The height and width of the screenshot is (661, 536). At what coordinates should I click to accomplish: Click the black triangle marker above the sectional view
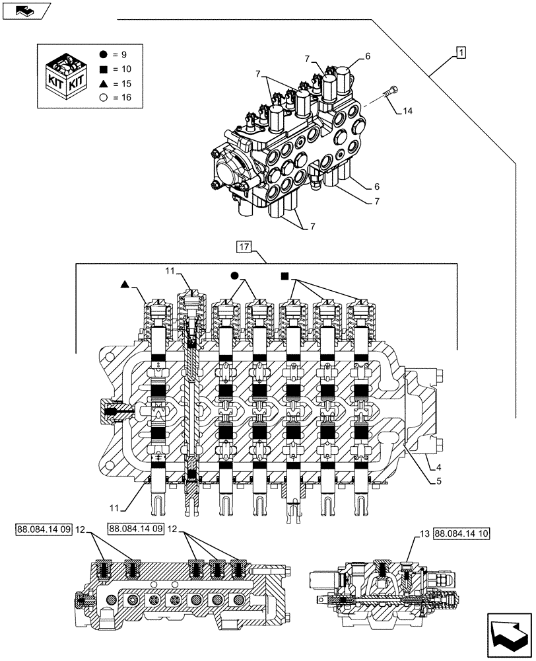coord(124,284)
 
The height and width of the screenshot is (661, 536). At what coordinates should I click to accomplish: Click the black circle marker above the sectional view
coord(234,275)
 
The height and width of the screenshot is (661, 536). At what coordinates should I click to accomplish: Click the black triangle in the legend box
coord(104,83)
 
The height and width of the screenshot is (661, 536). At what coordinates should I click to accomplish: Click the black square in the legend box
coord(104,69)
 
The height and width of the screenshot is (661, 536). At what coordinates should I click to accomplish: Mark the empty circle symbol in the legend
coord(104,97)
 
